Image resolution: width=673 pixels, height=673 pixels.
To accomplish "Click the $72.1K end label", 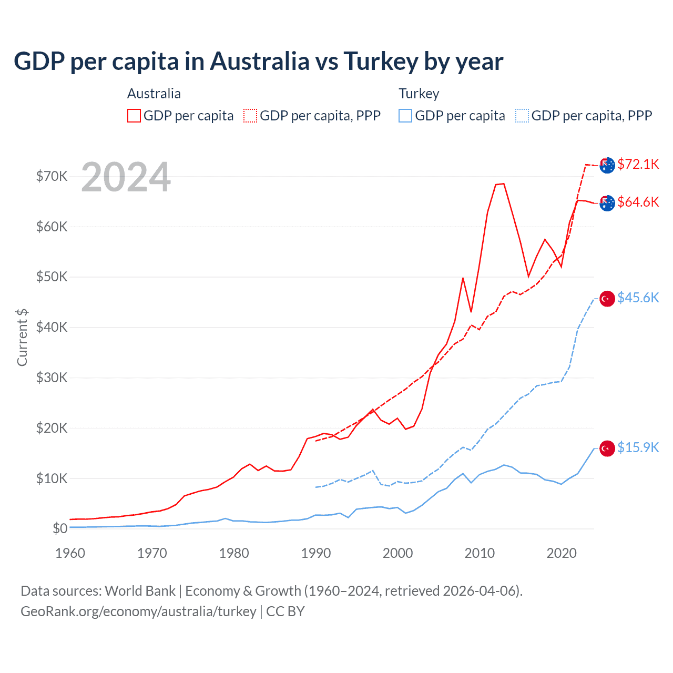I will [x=638, y=164].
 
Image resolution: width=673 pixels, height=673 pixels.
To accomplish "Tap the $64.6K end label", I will [x=638, y=202].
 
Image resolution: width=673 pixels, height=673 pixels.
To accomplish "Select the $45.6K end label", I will [x=638, y=298].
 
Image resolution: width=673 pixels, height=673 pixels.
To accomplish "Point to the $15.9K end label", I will [x=638, y=447].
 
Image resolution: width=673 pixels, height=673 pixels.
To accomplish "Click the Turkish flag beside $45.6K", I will [x=607, y=299].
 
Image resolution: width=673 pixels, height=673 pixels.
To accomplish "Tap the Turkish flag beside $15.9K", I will [x=607, y=448].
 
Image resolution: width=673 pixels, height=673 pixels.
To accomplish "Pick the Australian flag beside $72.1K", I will [x=607, y=165].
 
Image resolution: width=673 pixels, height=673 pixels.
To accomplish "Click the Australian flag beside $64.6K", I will [x=607, y=203].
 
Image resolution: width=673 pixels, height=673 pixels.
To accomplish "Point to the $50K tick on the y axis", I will [x=52, y=277].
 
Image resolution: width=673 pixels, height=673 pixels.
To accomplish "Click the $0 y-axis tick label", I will [x=60, y=528].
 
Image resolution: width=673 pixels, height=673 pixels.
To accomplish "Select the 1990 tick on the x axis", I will [x=316, y=553].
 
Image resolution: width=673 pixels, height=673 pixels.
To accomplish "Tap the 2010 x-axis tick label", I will [x=480, y=553].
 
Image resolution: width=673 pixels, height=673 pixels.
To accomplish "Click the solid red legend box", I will [x=134, y=116].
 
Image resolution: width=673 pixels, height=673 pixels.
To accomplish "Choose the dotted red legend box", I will [x=250, y=116].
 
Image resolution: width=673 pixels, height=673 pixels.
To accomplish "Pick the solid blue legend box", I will [x=405, y=116].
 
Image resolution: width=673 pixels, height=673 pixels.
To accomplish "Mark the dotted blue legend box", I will [x=522, y=116].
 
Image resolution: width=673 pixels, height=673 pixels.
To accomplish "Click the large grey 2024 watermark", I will [x=126, y=177].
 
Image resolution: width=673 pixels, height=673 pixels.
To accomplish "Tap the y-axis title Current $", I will [x=22, y=337].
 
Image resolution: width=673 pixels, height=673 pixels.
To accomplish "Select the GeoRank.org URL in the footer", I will [x=138, y=611].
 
